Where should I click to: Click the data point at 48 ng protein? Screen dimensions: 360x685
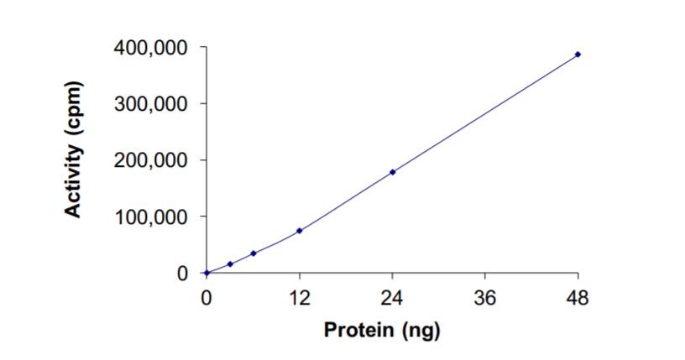[x=578, y=55]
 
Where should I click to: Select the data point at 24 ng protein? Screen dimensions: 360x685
[x=392, y=172]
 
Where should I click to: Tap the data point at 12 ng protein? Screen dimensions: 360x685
[x=300, y=231]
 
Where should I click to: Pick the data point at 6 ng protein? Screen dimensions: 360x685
[x=254, y=253]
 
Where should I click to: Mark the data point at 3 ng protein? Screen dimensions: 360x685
[x=230, y=264]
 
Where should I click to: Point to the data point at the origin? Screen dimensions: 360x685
[x=207, y=273]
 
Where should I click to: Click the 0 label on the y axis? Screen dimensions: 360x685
[x=182, y=274]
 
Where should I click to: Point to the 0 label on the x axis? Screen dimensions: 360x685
[x=207, y=297]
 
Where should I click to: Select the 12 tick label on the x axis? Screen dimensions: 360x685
[x=300, y=297]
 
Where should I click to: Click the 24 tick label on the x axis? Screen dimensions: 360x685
[x=392, y=297]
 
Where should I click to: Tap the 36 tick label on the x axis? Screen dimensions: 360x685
[x=485, y=297]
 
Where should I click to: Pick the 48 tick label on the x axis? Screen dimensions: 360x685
[x=578, y=297]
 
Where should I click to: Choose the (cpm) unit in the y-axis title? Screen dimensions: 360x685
[x=76, y=113]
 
